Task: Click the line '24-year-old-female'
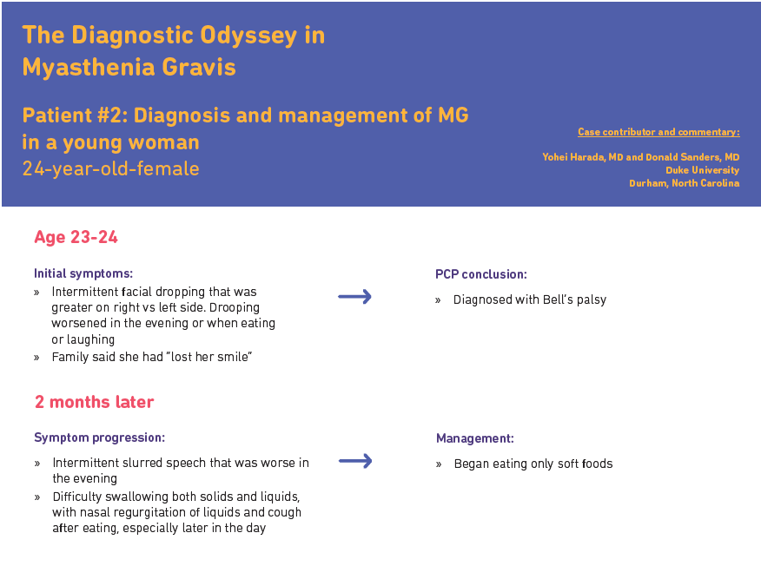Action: coord(110,168)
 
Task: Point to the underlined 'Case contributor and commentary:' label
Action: coord(658,132)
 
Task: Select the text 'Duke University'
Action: coord(702,170)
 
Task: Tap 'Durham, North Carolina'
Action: coord(684,183)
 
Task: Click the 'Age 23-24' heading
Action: coord(76,237)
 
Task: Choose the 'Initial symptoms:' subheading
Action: coord(83,273)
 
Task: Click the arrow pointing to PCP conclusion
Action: coord(354,297)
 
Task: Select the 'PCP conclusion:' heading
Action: coord(480,274)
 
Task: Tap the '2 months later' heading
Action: coord(94,402)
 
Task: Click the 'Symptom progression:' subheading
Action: coord(99,438)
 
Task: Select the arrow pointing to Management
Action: coord(354,461)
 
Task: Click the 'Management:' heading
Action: coord(474,438)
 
